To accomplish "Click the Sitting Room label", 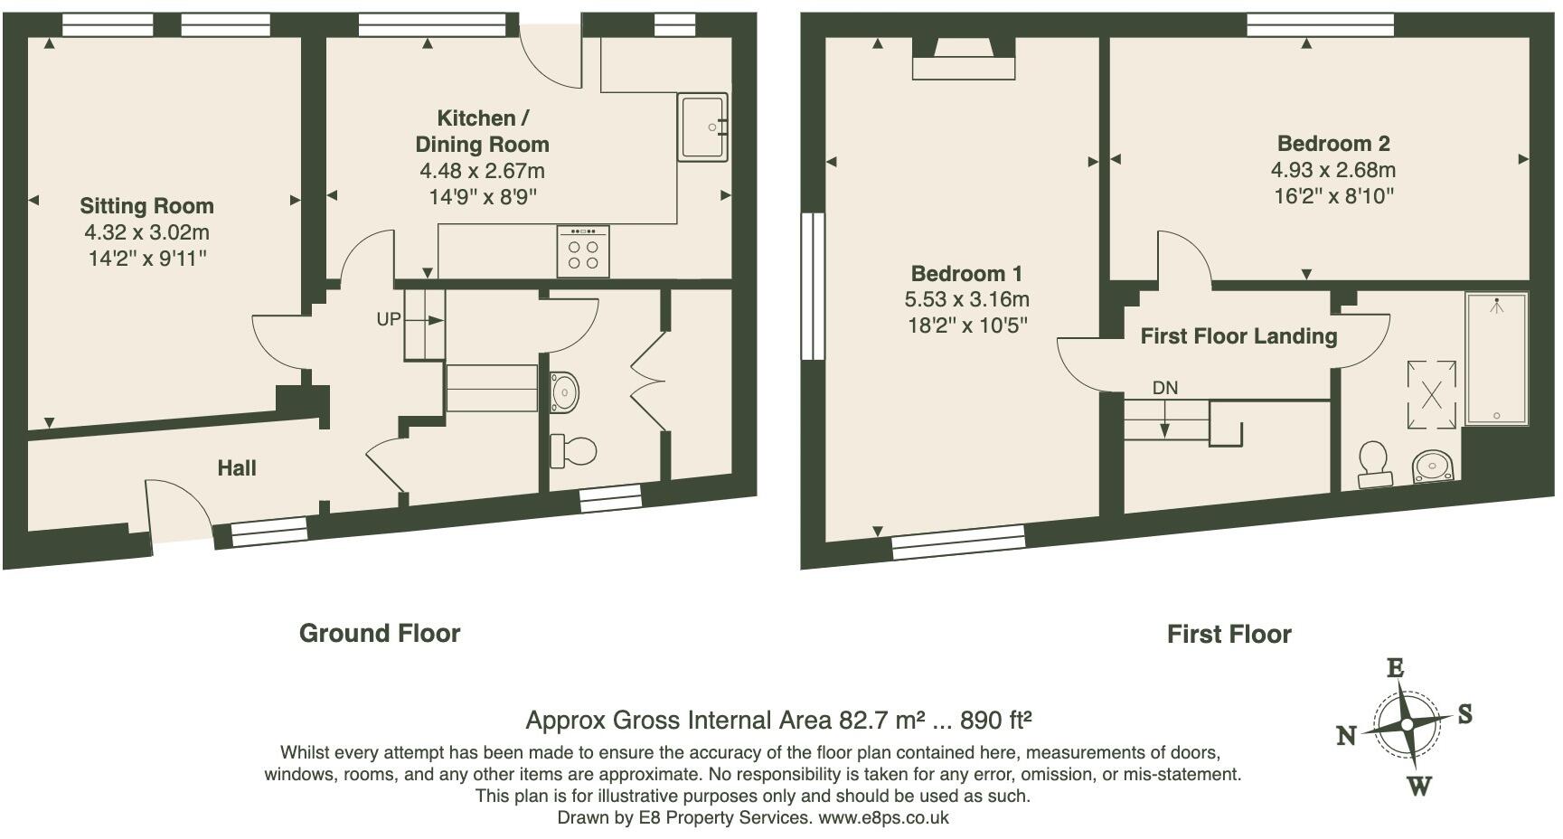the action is pos(146,206).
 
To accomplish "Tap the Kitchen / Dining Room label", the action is pos(482,131).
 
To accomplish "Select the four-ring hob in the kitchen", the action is pos(583,250).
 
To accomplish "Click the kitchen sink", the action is pos(702,127).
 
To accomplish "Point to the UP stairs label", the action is pos(389,319).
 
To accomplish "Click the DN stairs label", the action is pos(1165,388).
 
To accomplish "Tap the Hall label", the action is pos(237,468).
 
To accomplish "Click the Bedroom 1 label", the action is pos(966,274).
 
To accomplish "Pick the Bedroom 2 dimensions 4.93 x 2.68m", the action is pos(1333,170).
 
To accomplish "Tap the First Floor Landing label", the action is pos(1238,336).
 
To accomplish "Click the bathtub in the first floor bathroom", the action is pos(1496,359).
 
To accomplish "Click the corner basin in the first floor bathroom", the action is pos(1434,467).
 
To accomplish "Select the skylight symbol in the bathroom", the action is pos(1431,394).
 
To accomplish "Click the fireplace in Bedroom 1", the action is pos(964,60).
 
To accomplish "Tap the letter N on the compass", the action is pos(1347,736).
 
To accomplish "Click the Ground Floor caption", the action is pos(380,634).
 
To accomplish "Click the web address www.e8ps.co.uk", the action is pos(883,818).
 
